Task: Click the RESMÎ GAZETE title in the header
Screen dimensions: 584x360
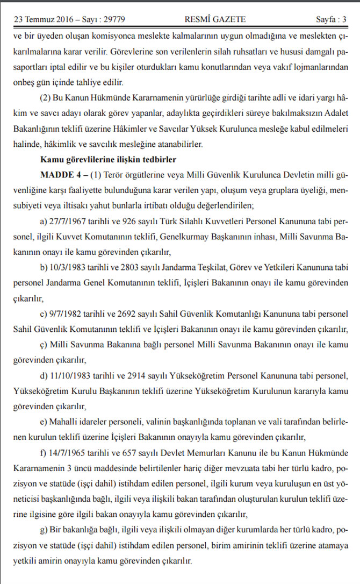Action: [215, 20]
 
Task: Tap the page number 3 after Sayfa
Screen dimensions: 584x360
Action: [344, 20]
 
